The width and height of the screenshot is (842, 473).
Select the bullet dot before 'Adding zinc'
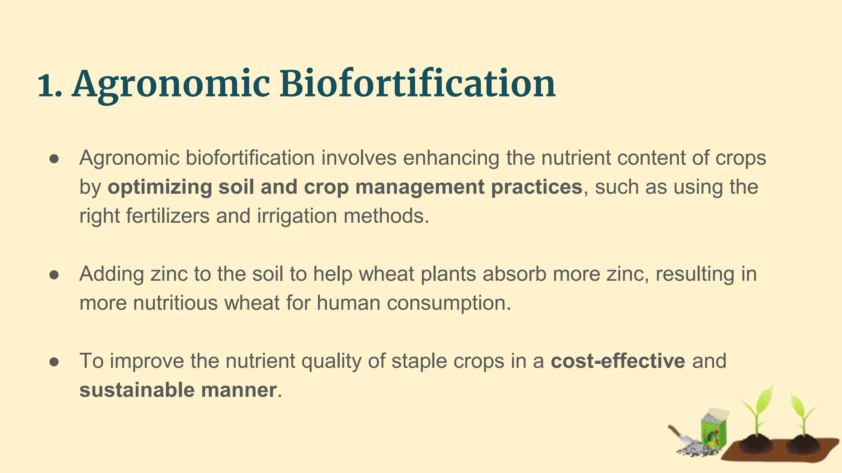[x=55, y=275]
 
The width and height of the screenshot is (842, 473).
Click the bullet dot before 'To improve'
[x=55, y=362]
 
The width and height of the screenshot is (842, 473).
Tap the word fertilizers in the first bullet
[x=167, y=216]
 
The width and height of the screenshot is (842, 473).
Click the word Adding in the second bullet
[x=111, y=274]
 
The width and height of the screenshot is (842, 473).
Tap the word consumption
[x=448, y=303]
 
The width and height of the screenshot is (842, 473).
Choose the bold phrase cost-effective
[x=618, y=361]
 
